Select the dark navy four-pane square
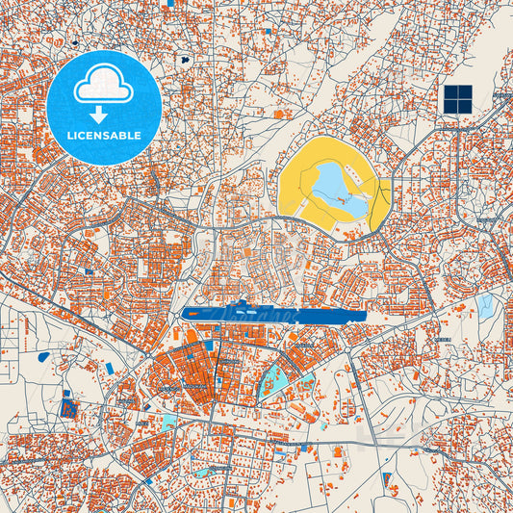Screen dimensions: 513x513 [458, 97]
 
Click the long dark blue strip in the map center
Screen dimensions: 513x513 [273, 314]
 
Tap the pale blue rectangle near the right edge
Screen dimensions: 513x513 [485, 305]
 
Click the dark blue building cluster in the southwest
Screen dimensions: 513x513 [67, 404]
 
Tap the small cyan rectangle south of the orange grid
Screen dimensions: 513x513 [169, 422]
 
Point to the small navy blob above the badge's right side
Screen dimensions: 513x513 [183, 60]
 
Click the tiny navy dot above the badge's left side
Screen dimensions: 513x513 [74, 42]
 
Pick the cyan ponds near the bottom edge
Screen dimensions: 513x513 [204, 472]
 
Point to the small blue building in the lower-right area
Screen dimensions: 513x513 [387, 477]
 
